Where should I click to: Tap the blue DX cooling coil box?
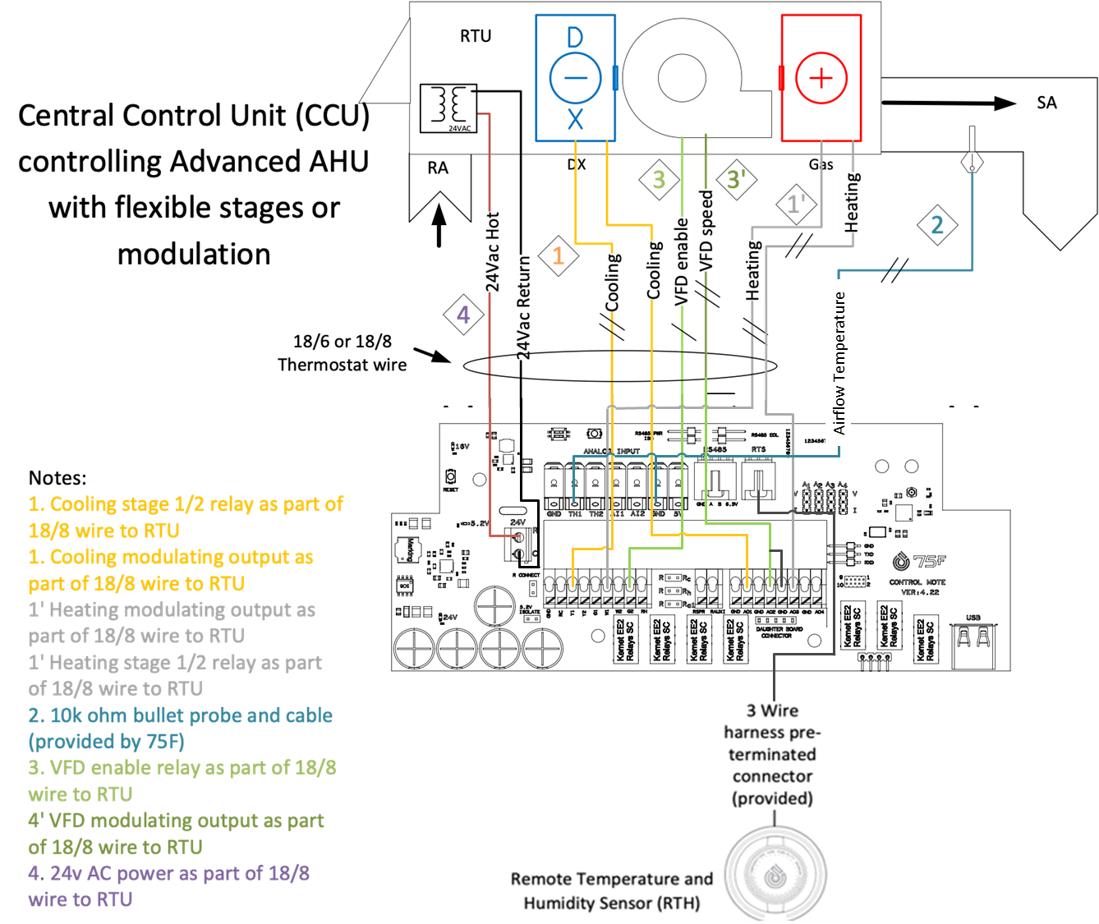pyautogui.click(x=575, y=78)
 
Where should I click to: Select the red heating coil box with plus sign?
pyautogui.click(x=821, y=78)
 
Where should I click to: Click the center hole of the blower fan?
pyautogui.click(x=682, y=78)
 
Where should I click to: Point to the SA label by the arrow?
pyautogui.click(x=1046, y=103)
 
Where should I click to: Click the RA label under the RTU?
pyautogui.click(x=438, y=168)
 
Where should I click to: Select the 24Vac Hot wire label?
pyautogui.click(x=491, y=251)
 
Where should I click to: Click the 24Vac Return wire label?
pyautogui.click(x=523, y=306)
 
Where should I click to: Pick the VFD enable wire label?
pyautogui.click(x=680, y=261)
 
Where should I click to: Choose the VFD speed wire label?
pyautogui.click(x=706, y=231)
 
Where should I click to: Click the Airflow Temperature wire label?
pyautogui.click(x=839, y=362)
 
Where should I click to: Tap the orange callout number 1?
pyautogui.click(x=559, y=255)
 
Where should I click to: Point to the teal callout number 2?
pyautogui.click(x=936, y=225)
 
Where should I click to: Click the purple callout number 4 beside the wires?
pyautogui.click(x=463, y=315)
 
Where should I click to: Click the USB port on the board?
pyautogui.click(x=973, y=640)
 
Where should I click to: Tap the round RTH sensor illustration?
pyautogui.click(x=773, y=876)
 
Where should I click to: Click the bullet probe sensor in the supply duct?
pyautogui.click(x=972, y=160)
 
